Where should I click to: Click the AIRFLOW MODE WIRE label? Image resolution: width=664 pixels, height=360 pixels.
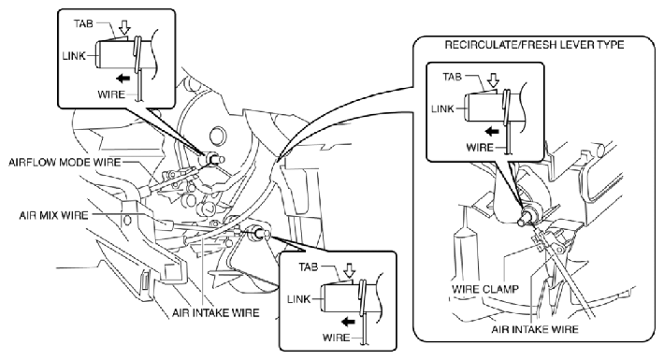click(65, 162)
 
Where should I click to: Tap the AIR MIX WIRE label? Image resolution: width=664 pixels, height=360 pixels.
click(54, 215)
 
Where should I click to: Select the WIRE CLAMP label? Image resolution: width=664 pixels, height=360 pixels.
click(485, 290)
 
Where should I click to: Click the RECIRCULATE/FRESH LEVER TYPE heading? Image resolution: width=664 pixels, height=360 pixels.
click(534, 45)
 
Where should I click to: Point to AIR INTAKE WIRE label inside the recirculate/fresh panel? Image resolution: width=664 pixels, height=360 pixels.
click(535, 329)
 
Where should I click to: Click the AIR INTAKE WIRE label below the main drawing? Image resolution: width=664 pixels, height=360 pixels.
click(215, 313)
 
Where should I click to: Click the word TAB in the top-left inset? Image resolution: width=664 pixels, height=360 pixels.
click(83, 23)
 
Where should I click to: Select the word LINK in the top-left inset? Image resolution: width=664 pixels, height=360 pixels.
click(74, 55)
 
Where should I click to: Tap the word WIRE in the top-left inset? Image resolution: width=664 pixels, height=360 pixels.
click(111, 94)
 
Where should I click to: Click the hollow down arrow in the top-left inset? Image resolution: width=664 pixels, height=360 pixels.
click(124, 28)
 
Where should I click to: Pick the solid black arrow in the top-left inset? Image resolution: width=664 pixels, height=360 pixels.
click(123, 78)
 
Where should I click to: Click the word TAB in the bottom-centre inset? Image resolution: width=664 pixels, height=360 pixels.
click(308, 266)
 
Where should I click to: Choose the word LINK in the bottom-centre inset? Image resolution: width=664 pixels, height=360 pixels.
click(298, 299)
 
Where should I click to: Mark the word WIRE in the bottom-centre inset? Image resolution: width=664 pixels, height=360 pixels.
click(337, 338)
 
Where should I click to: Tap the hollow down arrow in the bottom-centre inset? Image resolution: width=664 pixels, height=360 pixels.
click(350, 271)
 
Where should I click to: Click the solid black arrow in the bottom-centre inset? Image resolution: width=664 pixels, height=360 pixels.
click(348, 322)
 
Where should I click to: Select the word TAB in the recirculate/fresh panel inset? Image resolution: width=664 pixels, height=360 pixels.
click(453, 77)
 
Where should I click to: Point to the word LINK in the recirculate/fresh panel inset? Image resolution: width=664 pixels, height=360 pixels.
click(442, 108)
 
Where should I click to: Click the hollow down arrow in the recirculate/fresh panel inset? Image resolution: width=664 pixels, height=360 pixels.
click(494, 80)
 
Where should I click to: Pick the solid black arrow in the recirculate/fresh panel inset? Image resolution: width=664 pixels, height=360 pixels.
click(492, 131)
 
